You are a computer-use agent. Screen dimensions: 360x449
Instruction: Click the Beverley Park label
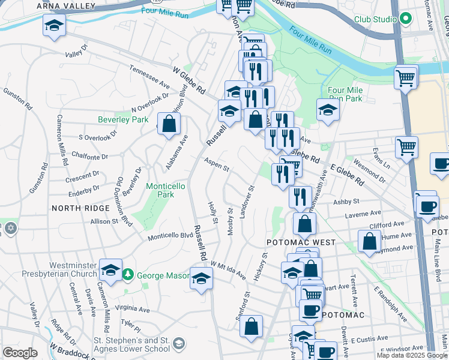click(123, 119)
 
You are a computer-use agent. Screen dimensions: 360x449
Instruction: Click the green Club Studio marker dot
click(406, 19)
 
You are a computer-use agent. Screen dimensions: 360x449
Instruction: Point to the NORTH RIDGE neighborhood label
click(80, 208)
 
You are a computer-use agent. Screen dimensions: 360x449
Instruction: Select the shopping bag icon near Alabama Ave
click(170, 124)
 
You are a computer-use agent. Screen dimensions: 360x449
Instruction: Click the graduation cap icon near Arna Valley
click(54, 26)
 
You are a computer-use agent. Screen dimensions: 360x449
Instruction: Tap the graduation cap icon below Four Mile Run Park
click(328, 110)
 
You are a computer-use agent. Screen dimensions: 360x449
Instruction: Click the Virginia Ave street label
click(133, 308)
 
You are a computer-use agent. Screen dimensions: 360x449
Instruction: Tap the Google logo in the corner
click(20, 353)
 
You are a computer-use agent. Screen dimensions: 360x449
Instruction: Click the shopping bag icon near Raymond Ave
click(369, 241)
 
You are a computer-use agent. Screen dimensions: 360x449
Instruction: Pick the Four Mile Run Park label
click(345, 94)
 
